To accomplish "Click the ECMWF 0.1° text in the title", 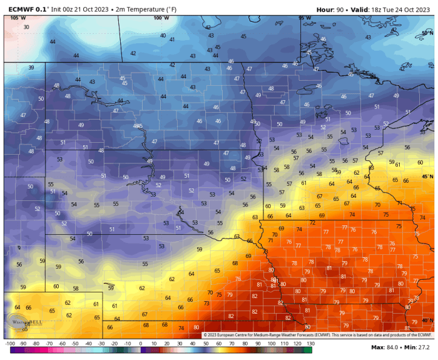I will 23,9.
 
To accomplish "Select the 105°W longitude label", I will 18,18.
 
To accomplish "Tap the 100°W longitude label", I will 160,18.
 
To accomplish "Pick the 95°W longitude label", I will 305,18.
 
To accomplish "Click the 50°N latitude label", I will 428,33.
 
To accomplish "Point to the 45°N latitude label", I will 428,177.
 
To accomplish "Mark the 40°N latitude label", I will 428,321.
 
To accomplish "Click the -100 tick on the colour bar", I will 9,344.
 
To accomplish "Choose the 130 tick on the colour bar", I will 310,344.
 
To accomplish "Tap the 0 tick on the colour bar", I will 140,344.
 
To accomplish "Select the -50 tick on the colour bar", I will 74,344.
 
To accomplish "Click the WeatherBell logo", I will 25,319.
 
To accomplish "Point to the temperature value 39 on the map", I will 31,68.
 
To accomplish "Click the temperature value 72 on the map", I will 312,223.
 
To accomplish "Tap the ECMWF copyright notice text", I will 317,335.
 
